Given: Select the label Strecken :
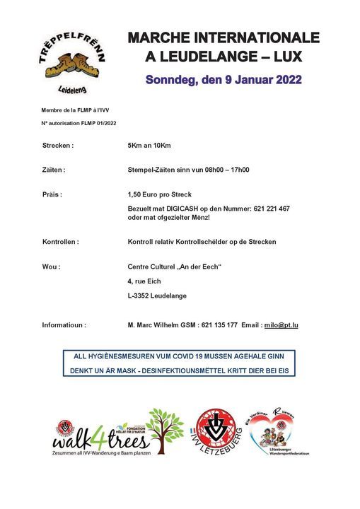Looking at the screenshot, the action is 58,146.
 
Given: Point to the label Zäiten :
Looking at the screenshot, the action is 54,170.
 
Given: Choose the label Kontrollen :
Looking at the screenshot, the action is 61,242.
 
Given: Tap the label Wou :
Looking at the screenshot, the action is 51,267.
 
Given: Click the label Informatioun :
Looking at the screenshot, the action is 64,325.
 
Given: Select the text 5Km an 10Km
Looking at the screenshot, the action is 150,146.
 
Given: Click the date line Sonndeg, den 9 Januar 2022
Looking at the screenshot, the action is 224,80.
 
